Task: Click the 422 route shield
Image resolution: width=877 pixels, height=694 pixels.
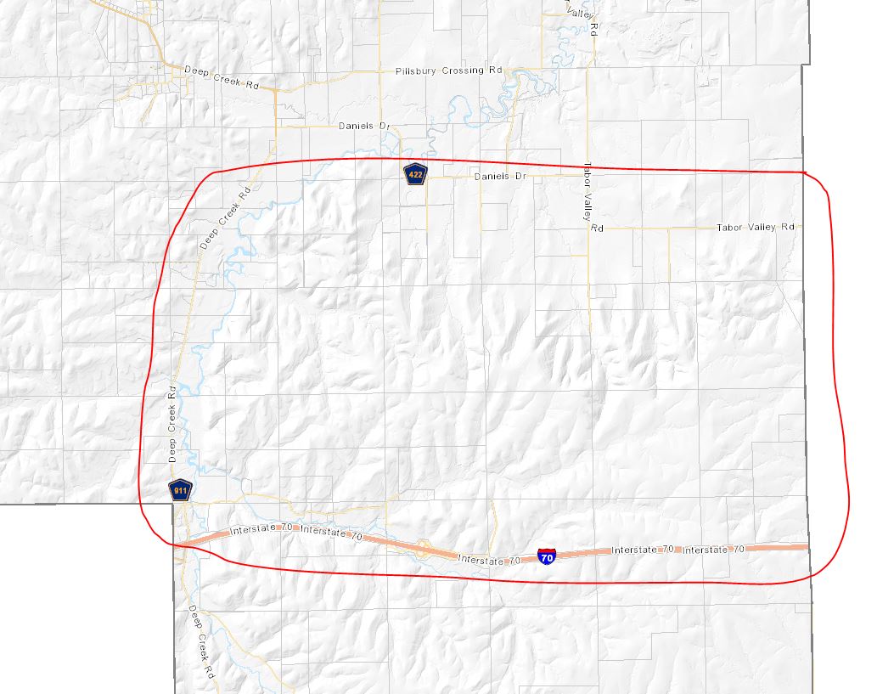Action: pyautogui.click(x=415, y=174)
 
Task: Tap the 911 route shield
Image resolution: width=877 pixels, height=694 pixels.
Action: pyautogui.click(x=181, y=490)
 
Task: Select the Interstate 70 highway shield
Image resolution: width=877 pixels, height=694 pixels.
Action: pyautogui.click(x=548, y=557)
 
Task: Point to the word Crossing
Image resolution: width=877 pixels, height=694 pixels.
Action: pyautogui.click(x=462, y=71)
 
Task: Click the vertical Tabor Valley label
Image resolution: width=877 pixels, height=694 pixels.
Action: pyautogui.click(x=587, y=192)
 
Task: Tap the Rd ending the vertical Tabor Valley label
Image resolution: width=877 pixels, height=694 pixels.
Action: pyautogui.click(x=597, y=228)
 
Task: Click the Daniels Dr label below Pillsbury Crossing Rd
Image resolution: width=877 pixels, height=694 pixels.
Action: pyautogui.click(x=363, y=126)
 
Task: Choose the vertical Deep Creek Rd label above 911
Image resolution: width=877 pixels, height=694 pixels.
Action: pyautogui.click(x=171, y=424)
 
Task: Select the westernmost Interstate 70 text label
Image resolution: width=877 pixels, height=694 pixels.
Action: pyautogui.click(x=261, y=531)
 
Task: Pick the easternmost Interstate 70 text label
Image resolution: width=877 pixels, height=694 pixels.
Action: pyautogui.click(x=714, y=550)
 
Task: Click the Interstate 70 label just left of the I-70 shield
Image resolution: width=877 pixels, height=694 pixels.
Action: pyautogui.click(x=488, y=560)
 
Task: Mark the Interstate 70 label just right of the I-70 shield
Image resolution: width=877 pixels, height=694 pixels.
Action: pyautogui.click(x=642, y=550)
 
